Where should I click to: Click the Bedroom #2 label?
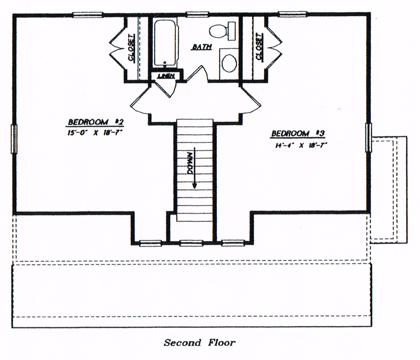(96, 122)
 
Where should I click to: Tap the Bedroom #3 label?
(298, 133)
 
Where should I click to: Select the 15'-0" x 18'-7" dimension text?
(95, 133)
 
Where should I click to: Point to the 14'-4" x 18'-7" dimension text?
(300, 145)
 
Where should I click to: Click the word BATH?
(202, 47)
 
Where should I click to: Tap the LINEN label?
(166, 76)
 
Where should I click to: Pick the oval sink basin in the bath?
(229, 63)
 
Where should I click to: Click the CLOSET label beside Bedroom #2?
(132, 47)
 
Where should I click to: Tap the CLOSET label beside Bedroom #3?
(259, 47)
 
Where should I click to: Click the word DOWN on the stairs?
(190, 163)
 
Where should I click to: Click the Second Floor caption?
(200, 343)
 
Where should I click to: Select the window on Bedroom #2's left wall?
(14, 139)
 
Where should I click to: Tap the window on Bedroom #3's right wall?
(369, 137)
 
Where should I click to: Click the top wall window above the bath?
(197, 14)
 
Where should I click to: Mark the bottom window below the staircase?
(191, 243)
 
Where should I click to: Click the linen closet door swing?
(165, 88)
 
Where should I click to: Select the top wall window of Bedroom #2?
(88, 15)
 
